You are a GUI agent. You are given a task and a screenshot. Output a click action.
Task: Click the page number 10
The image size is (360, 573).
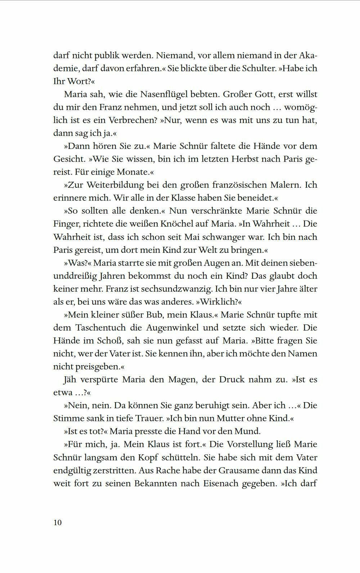58,522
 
